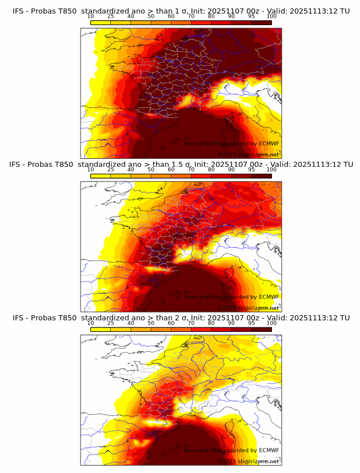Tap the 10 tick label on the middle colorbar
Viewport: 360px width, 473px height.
[91, 169]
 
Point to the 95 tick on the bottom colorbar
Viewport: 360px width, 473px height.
[252, 323]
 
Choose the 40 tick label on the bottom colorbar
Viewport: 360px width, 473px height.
[131, 323]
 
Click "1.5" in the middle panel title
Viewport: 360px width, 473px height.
[169, 164]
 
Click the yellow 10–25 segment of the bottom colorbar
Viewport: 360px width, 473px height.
[101, 330]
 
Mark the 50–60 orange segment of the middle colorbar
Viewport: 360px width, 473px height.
[161, 176]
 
